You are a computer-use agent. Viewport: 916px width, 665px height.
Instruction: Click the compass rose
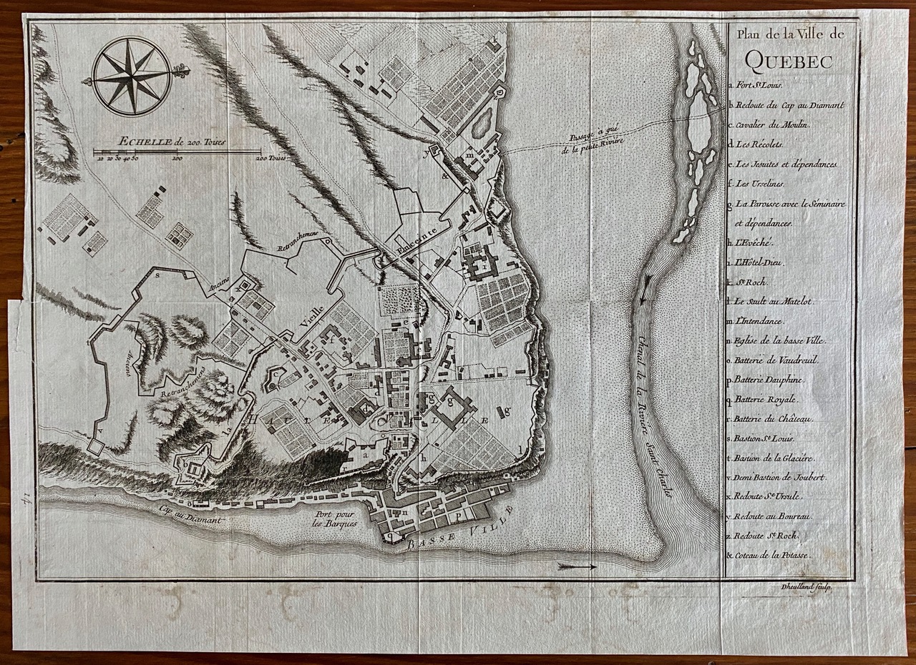point(132,76)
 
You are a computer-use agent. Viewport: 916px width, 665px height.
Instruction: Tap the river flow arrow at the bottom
point(577,566)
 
